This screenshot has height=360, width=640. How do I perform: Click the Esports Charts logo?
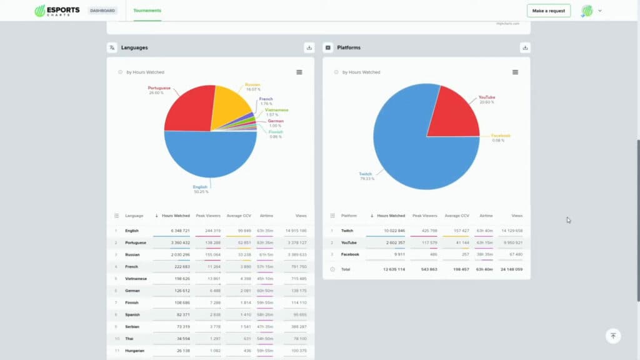click(x=57, y=11)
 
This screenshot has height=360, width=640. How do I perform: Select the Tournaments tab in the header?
click(x=147, y=11)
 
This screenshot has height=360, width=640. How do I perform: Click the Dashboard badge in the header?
click(x=102, y=11)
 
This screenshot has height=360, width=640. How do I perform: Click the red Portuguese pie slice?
click(x=187, y=109)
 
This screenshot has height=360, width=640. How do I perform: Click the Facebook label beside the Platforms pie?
click(x=501, y=136)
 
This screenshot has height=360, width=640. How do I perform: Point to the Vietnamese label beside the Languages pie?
click(x=276, y=110)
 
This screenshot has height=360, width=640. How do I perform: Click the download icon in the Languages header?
click(x=309, y=47)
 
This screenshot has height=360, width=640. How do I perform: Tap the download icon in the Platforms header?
click(x=525, y=47)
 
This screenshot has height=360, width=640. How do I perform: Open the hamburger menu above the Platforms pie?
click(x=515, y=72)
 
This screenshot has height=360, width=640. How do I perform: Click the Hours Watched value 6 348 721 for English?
click(x=176, y=231)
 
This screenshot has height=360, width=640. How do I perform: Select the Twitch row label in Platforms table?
click(x=347, y=231)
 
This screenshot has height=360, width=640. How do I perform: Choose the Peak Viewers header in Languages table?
click(x=207, y=216)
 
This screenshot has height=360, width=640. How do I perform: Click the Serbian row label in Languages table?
click(x=132, y=326)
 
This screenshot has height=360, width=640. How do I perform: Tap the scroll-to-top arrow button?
click(x=613, y=336)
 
